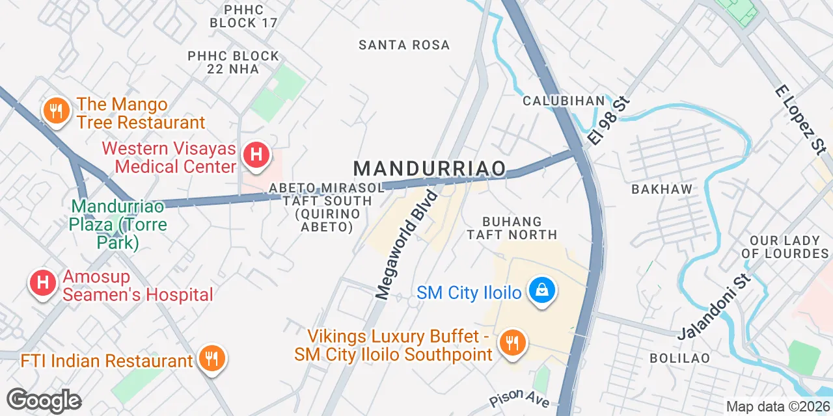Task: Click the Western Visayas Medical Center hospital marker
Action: coord(256,155)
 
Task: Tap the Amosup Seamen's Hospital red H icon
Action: coord(43,283)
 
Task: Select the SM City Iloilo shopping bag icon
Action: coord(541,290)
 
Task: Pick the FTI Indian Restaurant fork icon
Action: coord(211,357)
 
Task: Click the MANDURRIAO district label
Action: coord(430,169)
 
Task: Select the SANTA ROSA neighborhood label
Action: coord(404,45)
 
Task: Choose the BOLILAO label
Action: coord(679,358)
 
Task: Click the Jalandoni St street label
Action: coord(714,307)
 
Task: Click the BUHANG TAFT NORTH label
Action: coord(512,228)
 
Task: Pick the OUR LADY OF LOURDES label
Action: coord(784,247)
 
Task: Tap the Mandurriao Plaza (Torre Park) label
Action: coord(119,225)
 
